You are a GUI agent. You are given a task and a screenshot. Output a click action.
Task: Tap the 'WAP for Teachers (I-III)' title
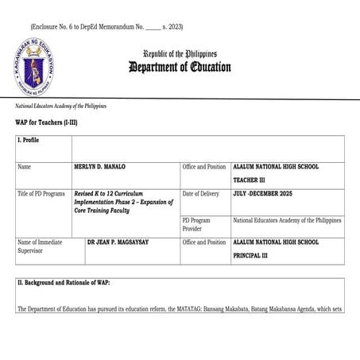click(46, 122)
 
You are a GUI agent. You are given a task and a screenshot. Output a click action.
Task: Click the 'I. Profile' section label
click(29, 140)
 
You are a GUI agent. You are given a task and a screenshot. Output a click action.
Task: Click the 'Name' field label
click(25, 167)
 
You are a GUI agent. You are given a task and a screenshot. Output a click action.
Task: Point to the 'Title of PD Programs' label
click(41, 194)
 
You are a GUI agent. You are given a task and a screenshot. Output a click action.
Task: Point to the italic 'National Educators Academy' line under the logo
click(60, 106)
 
